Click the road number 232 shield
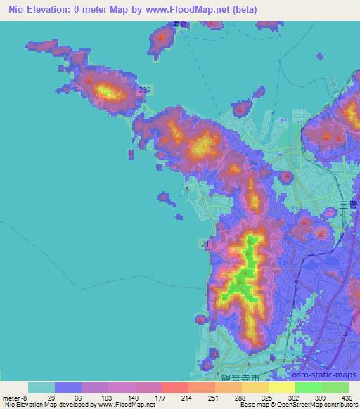point(144,89)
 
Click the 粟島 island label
point(162,25)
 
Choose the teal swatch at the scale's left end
point(41,387)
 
